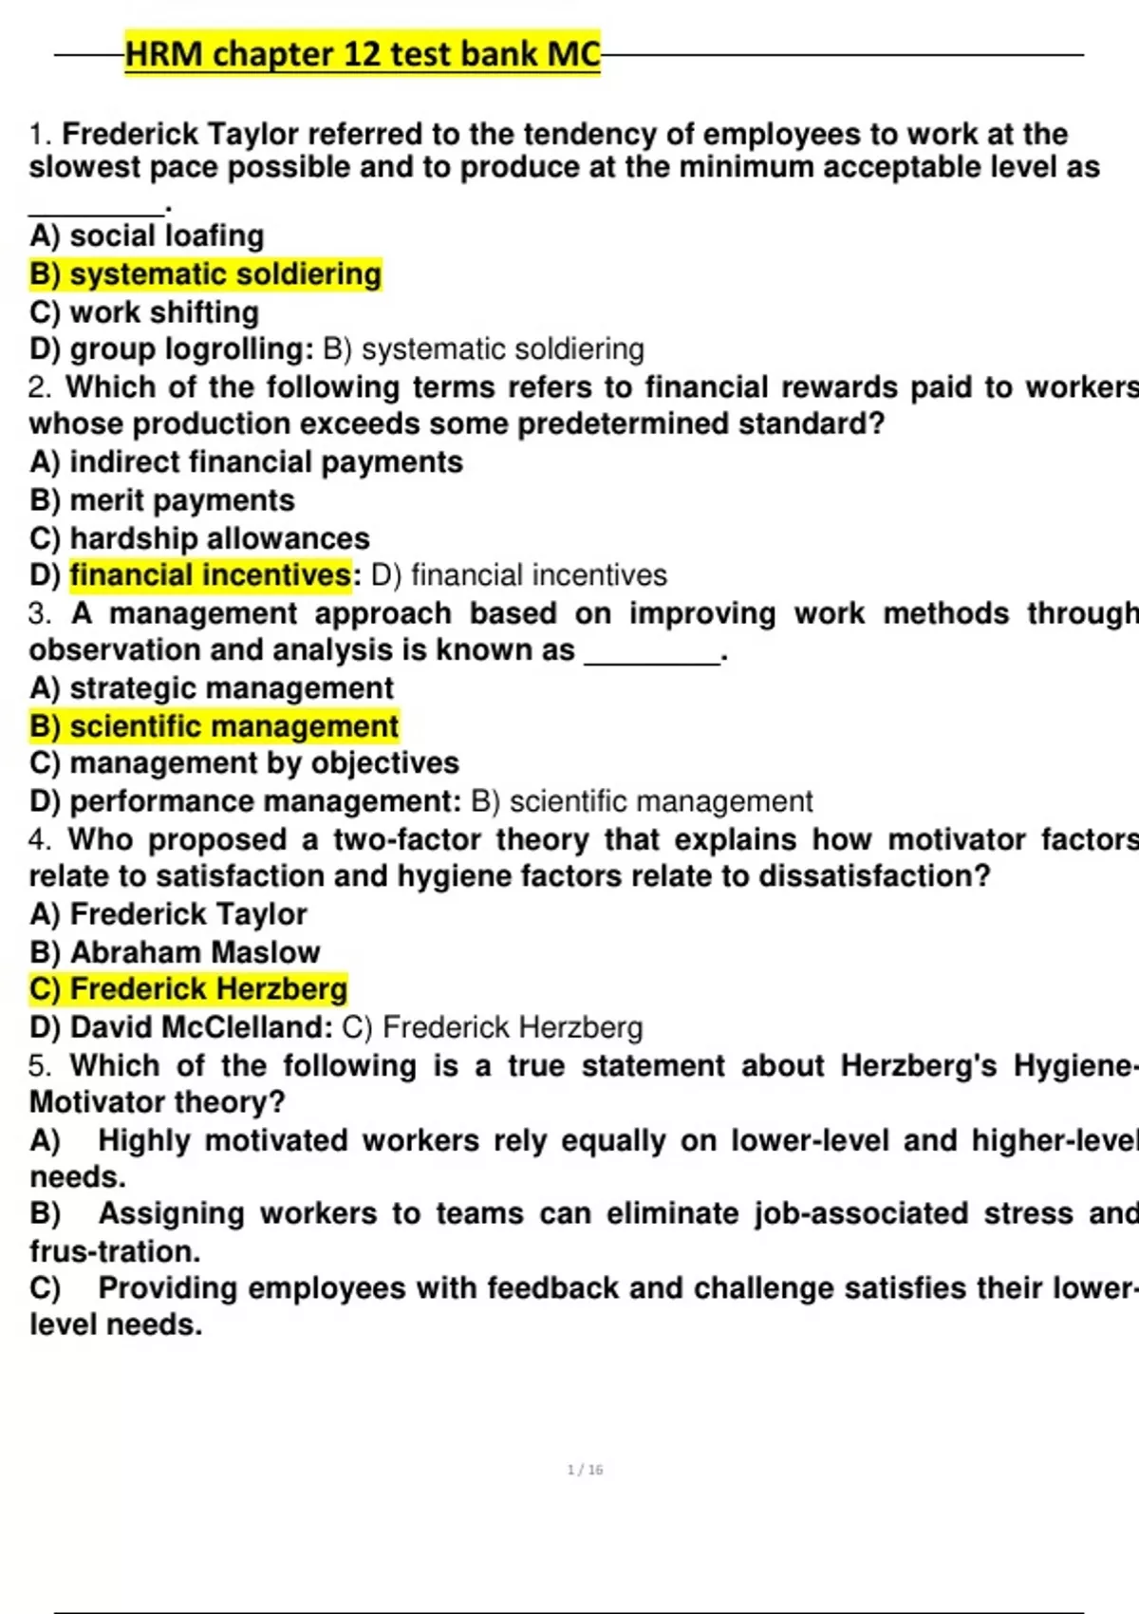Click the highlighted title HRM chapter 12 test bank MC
click(363, 54)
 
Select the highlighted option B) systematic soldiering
click(206, 274)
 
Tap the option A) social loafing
click(147, 235)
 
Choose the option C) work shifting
click(144, 312)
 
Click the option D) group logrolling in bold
click(171, 349)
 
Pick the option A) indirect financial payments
click(247, 462)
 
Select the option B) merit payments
click(162, 500)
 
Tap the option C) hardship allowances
click(199, 538)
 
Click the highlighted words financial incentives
click(211, 575)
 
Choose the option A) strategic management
click(212, 688)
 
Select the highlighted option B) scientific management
click(215, 726)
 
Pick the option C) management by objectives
click(244, 763)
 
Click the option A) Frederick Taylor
click(169, 914)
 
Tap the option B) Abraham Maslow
click(175, 952)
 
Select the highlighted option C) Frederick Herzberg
click(189, 989)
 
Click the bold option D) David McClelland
click(181, 1027)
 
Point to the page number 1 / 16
click(585, 1470)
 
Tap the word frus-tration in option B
click(115, 1251)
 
